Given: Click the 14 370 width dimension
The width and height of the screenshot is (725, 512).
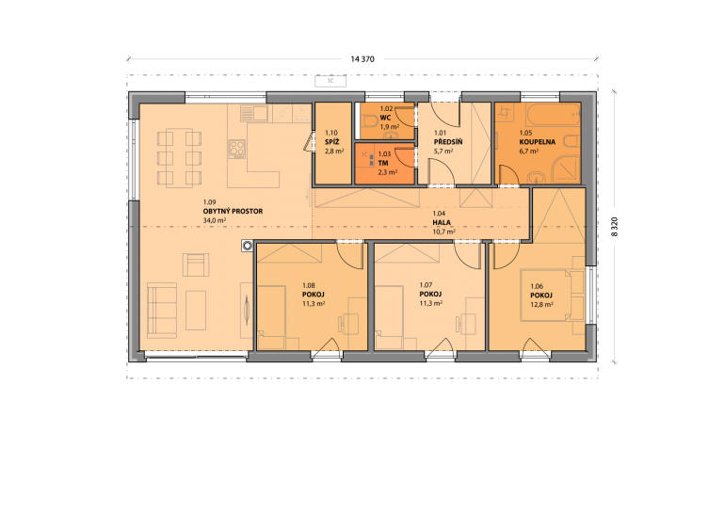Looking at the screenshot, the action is coord(362,59).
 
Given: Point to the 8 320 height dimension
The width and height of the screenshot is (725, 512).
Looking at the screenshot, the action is coord(614,227).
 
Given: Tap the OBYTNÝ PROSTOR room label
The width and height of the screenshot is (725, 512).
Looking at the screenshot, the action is coord(233,211).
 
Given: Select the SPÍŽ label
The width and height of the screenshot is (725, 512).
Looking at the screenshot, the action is coord(332,142).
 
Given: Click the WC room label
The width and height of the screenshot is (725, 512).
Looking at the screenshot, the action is coord(385,118).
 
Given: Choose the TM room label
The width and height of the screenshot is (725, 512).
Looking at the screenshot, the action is coord(383,163).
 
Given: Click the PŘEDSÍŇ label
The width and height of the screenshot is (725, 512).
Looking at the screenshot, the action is coord(448,142).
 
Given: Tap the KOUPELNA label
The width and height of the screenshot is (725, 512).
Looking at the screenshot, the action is coord(538,142).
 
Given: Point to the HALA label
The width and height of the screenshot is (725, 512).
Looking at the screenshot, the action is coord(442,222).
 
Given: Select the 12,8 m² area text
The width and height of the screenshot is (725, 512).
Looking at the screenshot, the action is coord(542,305).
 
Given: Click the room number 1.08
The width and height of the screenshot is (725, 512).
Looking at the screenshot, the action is coord(309,285).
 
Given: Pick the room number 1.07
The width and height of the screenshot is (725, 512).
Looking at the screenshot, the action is coord(426,285).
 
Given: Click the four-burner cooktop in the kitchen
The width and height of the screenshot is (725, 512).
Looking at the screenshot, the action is coord(237,150).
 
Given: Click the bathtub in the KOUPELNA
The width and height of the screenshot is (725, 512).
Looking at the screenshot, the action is coord(554,115).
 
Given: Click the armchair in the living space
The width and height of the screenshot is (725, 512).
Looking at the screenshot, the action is coord(196,264).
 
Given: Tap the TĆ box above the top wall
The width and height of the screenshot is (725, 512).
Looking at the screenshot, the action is coord(330,81).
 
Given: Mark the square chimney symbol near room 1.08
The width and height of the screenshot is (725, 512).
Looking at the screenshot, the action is coord(248,246).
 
